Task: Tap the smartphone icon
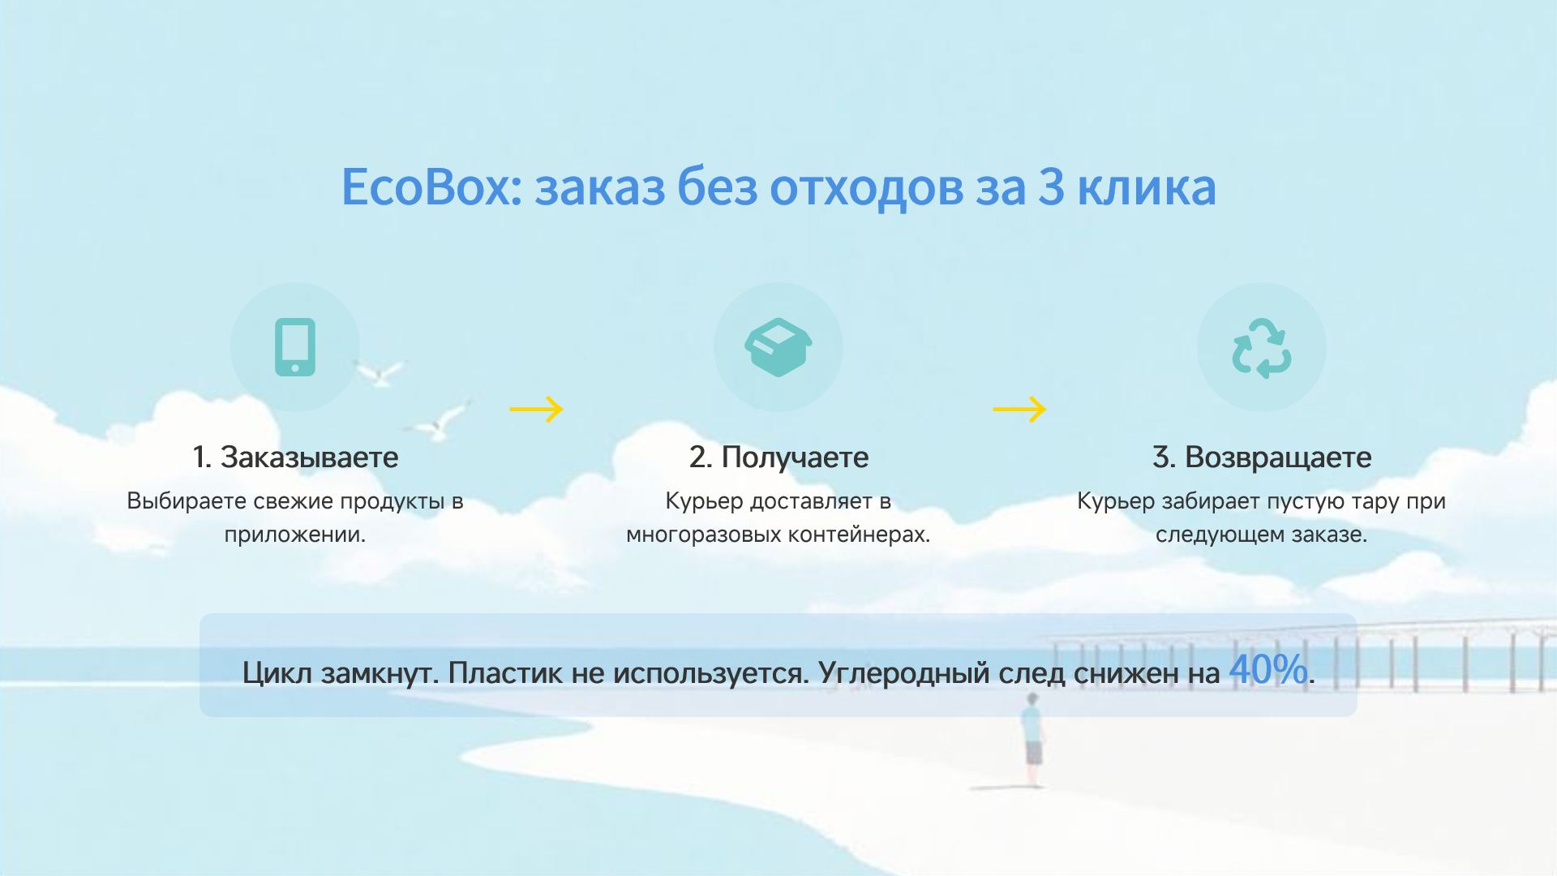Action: coord(295,347)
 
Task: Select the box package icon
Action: coord(778,347)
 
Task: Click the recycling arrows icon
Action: coord(1261,348)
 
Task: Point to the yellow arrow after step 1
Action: coord(536,410)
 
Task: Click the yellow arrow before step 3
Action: coord(1019,410)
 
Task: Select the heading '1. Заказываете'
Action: coord(295,457)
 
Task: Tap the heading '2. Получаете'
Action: coord(778,457)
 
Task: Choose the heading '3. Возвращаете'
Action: coord(1262,457)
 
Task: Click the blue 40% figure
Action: coord(1268,670)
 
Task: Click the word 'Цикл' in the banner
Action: coord(277,673)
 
